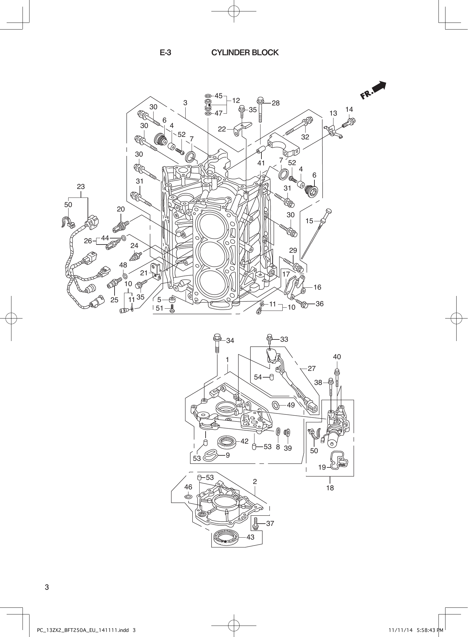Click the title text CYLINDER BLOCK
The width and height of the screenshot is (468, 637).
[x=245, y=53]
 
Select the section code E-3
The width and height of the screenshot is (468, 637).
[x=165, y=53]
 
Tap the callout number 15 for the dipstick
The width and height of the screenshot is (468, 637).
[x=309, y=221]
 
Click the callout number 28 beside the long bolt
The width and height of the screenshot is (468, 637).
[x=276, y=103]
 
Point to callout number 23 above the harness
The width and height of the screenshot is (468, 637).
[x=81, y=187]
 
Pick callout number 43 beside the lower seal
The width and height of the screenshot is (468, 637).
[x=250, y=537]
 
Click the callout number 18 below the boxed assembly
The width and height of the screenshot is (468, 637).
[x=330, y=488]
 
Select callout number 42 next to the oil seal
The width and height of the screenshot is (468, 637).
[x=244, y=441]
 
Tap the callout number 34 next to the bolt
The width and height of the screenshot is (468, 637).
[x=230, y=341]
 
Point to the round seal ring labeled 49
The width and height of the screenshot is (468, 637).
[x=276, y=405]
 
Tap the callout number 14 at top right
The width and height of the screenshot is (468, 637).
[x=349, y=109]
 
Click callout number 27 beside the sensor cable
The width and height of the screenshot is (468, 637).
[x=312, y=368]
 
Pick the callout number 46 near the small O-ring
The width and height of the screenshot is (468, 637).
[x=188, y=487]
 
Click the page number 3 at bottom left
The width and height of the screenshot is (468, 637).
[x=47, y=587]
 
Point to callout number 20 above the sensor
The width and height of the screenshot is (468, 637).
[x=121, y=209]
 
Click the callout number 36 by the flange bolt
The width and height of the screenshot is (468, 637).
[x=320, y=304]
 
